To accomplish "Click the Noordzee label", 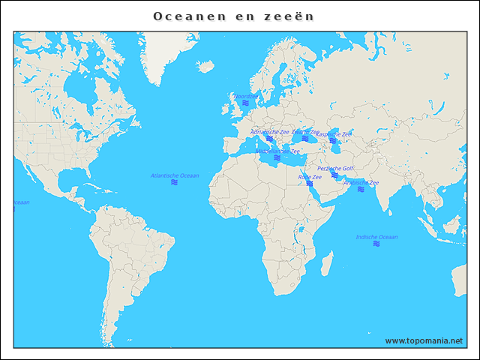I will coord(245,97).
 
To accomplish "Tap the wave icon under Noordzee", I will coord(245,103).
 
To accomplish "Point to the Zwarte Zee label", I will coord(305,131).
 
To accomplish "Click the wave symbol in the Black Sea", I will coord(305,138).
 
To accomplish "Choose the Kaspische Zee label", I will coord(334,134).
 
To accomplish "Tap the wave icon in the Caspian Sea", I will coord(333,141).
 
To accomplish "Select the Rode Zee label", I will coord(310,177).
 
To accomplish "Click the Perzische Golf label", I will coord(335,169).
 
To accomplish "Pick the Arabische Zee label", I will coord(361,182).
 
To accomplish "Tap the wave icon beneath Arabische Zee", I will coord(361,189).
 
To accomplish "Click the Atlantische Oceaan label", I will coord(175,175).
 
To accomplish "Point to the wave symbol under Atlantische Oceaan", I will coord(174,182).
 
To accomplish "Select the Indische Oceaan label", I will coord(376,237).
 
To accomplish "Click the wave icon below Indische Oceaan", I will coord(376,244).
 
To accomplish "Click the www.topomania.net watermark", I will coord(424,340).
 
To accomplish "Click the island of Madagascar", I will coord(327,263).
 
